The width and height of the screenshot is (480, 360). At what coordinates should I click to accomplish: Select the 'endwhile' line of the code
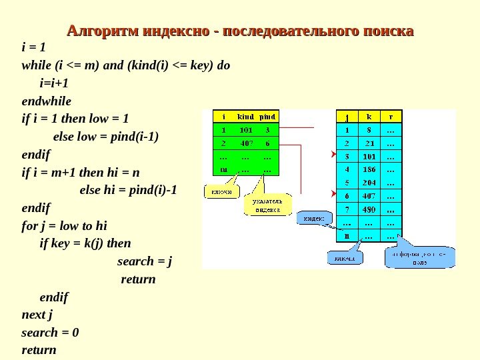point(46,101)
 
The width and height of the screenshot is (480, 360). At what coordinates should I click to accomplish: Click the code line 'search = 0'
point(50,332)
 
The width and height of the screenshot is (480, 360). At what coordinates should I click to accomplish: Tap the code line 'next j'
point(37,315)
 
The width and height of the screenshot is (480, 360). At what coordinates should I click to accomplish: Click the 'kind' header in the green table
point(245,115)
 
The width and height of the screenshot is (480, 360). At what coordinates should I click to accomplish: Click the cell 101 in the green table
point(245,129)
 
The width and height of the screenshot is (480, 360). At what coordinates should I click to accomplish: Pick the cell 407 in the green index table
point(245,143)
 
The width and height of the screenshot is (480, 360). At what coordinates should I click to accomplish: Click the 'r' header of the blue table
point(390,115)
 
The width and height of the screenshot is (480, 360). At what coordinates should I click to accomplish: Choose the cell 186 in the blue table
point(369,169)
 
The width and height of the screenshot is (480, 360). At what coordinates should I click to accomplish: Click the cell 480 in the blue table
point(369,209)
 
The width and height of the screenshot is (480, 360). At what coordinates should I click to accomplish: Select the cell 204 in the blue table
point(369,183)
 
